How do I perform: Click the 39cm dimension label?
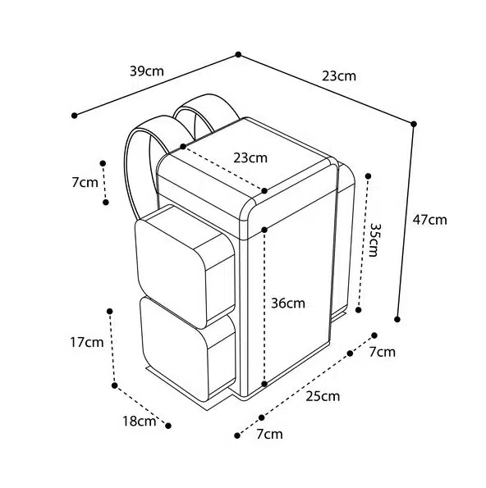coord(147,71)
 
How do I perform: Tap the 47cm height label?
coord(429,220)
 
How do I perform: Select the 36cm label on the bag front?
coord(288,303)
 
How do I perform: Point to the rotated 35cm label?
coord(373,239)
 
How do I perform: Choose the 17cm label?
coord(86,342)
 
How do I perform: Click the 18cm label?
coord(139,422)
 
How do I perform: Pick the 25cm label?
coord(323,396)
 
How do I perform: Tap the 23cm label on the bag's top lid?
coord(250,157)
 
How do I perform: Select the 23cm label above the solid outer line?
coord(339,76)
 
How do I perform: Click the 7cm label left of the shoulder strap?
coord(85,182)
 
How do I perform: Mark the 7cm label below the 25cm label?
coord(269,434)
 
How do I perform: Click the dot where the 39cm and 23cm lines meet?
coord(238,54)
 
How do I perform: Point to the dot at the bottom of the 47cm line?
coord(397,319)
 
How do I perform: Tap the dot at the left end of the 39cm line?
coord(74,116)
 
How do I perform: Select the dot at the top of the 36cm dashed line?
coord(264,230)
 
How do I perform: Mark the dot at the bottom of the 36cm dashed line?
coord(264,384)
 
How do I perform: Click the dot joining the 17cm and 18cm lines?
coord(115,385)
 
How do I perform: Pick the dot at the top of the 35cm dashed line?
coord(369,176)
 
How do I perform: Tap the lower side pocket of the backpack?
coord(187,352)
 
